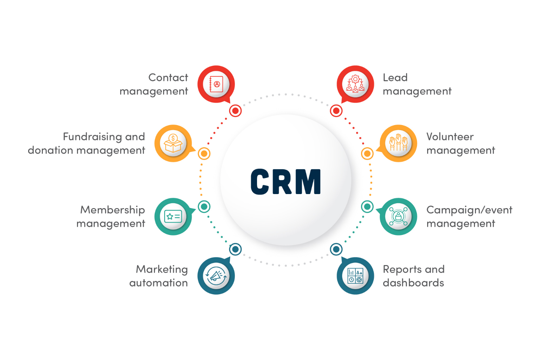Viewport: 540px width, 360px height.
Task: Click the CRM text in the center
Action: click(285, 181)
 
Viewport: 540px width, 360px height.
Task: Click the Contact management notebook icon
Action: click(216, 84)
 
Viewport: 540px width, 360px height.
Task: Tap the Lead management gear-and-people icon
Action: click(355, 84)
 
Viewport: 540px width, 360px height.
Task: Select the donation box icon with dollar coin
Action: click(173, 143)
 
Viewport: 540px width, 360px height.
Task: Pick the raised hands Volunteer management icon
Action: click(398, 143)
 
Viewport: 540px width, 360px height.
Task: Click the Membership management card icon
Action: click(173, 217)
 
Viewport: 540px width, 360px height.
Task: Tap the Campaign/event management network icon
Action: click(398, 217)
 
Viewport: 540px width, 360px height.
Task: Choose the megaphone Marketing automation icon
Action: click(216, 276)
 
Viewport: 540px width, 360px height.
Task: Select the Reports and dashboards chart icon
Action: click(355, 276)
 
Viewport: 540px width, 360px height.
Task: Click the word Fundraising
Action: click(92, 136)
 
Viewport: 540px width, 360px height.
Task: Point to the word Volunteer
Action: click(450, 136)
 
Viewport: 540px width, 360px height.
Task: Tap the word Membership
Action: click(112, 210)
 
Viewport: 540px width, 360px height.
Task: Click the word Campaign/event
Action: click(469, 210)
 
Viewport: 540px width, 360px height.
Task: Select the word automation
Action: click(158, 283)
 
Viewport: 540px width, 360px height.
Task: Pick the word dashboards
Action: click(413, 283)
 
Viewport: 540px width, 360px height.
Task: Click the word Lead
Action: click(395, 77)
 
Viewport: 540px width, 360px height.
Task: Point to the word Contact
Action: click(168, 77)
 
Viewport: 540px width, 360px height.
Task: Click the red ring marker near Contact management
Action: click(235, 111)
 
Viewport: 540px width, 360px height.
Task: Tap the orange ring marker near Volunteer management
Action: click(367, 154)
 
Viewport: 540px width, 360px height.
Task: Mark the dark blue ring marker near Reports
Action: click(336, 249)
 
